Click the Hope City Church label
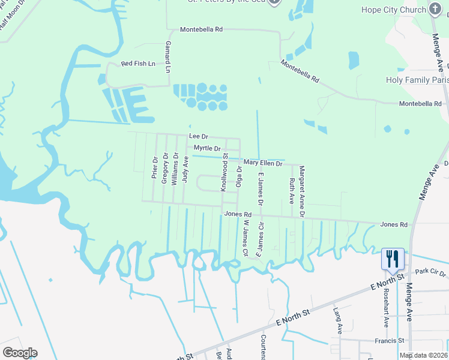[393, 10]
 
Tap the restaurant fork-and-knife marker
[393, 259]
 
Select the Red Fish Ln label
[138, 64]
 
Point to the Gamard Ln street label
[169, 58]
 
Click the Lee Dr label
[198, 137]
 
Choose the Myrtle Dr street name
[207, 148]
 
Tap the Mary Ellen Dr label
[263, 163]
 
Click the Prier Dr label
[155, 169]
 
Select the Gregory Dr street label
[165, 167]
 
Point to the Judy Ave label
[185, 169]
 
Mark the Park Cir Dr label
[430, 272]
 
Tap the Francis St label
[392, 340]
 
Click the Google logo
[20, 353]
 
